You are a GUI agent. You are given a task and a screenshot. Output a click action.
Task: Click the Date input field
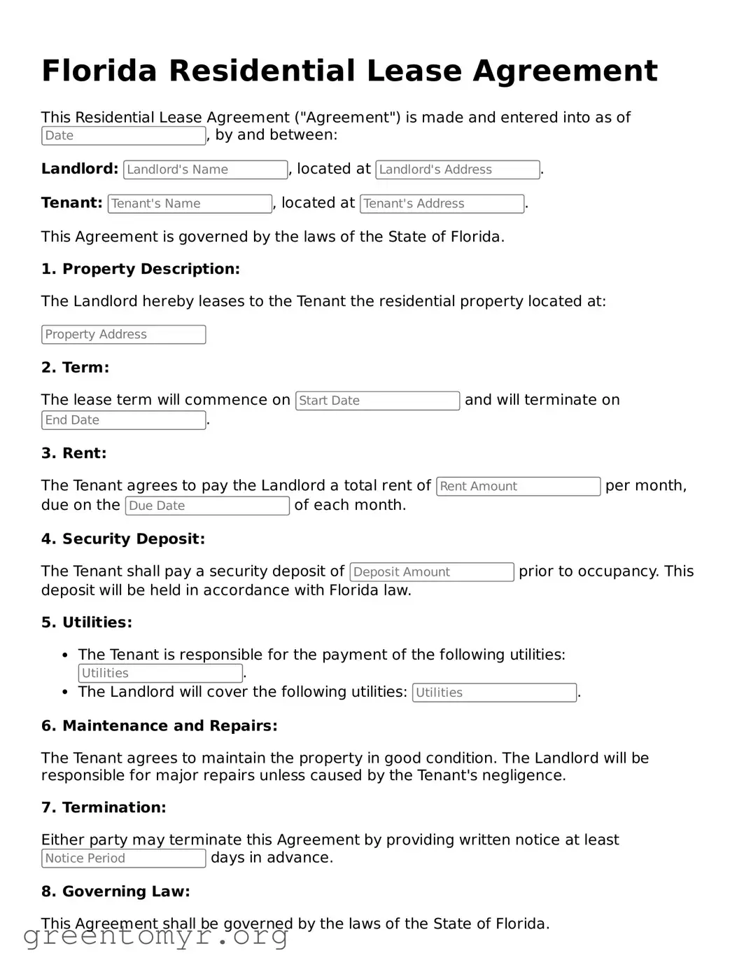click(x=123, y=136)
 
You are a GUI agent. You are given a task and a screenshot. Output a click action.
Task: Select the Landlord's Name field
click(x=205, y=169)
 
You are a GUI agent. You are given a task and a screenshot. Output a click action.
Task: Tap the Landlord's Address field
click(x=458, y=169)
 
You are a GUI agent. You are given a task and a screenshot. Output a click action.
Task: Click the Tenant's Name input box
click(x=190, y=204)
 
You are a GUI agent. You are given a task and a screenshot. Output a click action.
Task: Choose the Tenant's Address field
click(x=442, y=204)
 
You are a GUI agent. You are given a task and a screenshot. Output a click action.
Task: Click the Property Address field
click(x=123, y=335)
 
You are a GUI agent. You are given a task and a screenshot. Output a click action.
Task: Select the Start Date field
click(x=377, y=401)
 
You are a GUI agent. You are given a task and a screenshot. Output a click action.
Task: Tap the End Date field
click(x=123, y=420)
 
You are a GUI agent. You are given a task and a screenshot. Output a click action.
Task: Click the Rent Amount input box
click(x=518, y=486)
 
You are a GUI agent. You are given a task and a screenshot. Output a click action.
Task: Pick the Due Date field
click(x=207, y=506)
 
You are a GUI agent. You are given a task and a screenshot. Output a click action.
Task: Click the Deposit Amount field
click(x=432, y=572)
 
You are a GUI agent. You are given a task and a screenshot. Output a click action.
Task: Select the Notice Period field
click(x=123, y=859)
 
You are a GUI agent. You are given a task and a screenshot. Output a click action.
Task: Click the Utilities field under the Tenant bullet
click(x=160, y=674)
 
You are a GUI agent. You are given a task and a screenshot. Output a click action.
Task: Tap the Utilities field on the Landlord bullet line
click(x=494, y=693)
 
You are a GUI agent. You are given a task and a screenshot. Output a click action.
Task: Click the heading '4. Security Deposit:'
click(x=123, y=539)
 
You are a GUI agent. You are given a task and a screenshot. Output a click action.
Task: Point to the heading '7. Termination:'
click(x=104, y=808)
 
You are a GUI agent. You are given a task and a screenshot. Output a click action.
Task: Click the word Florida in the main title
click(x=99, y=71)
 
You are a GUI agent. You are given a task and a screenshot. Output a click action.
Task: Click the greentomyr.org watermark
click(x=156, y=936)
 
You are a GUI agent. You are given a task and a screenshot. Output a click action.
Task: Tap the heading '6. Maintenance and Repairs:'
click(x=160, y=726)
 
